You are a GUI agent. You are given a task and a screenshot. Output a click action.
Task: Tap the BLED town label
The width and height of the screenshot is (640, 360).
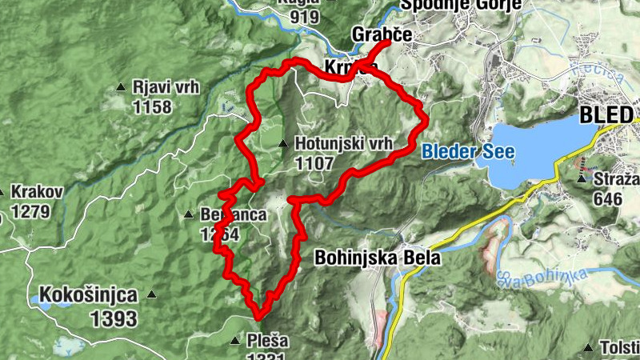[606, 115]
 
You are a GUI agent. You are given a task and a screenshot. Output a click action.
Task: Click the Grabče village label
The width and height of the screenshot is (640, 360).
[381, 36]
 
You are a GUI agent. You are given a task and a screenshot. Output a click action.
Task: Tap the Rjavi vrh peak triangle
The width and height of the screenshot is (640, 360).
[121, 87]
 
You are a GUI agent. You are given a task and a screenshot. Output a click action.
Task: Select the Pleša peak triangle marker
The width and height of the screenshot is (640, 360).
[234, 341]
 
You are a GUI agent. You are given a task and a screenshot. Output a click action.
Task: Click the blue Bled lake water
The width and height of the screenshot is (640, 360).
[528, 148]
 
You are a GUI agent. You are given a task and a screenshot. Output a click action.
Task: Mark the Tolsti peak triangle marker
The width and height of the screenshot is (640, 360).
[589, 348]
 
